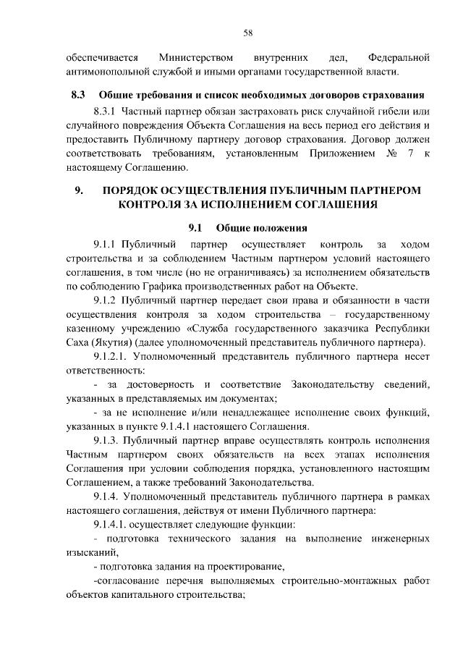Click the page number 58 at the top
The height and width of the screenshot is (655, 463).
[247, 33]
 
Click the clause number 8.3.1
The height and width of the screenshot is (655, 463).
[106, 111]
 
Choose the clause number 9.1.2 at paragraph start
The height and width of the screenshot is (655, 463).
[106, 300]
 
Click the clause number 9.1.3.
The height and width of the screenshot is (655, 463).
[106, 441]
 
